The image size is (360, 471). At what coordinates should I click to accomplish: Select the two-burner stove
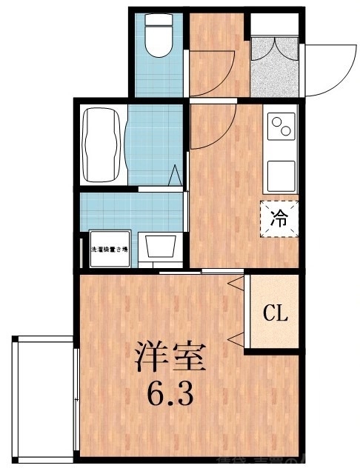pyautogui.click(x=281, y=127)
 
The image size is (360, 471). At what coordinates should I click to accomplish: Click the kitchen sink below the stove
pyautogui.click(x=281, y=175)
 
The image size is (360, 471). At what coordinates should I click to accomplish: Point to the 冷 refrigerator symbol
pyautogui.click(x=279, y=218)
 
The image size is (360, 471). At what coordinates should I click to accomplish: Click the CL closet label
pyautogui.click(x=275, y=313)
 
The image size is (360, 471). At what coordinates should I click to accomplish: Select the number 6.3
pyautogui.click(x=170, y=393)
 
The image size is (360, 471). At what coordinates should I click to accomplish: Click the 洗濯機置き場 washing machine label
pyautogui.click(x=109, y=249)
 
